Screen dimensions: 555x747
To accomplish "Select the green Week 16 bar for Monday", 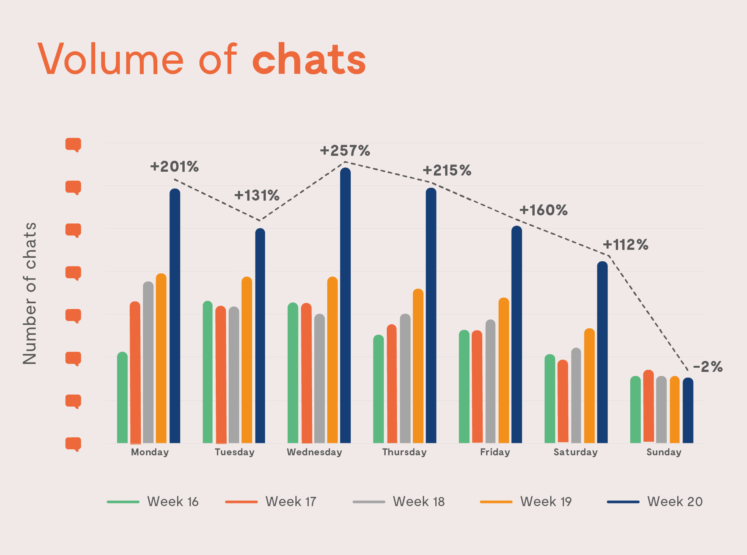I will click(x=122, y=398).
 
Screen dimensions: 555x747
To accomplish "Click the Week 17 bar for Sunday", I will click(x=648, y=406).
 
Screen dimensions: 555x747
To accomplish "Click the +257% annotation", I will click(x=345, y=151).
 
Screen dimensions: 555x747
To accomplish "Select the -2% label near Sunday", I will click(x=708, y=367).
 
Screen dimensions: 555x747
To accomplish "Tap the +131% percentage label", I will click(x=257, y=196).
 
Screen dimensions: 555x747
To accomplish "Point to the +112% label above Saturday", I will click(x=625, y=245).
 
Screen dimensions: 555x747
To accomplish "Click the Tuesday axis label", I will click(x=234, y=452).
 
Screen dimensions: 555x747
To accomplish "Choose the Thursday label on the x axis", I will click(x=404, y=452).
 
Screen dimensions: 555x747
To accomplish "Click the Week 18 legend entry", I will click(x=418, y=502).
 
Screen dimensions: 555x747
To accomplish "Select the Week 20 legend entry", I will click(x=675, y=502).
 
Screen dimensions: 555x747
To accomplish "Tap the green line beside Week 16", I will click(x=123, y=502).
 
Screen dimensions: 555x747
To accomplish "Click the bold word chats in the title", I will click(x=309, y=60).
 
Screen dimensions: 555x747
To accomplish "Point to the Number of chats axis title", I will click(x=30, y=293).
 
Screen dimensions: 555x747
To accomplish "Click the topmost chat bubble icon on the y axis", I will click(x=73, y=144).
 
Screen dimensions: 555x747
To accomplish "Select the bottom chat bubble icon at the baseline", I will click(x=73, y=444).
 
